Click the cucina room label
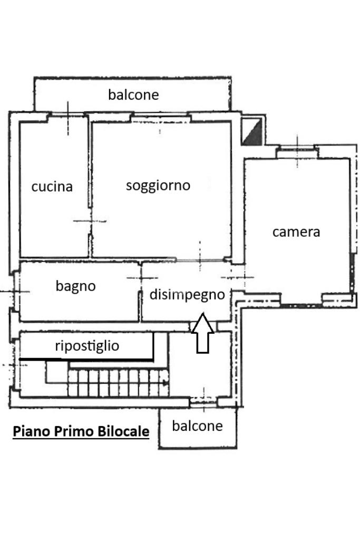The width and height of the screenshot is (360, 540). click(52, 187)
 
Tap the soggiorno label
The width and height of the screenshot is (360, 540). click(158, 186)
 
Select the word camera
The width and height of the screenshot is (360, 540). click(296, 232)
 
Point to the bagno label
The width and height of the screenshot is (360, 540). click(76, 286)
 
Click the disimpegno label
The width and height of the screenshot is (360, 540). click(187, 295)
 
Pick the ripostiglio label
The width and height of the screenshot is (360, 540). click(87, 346)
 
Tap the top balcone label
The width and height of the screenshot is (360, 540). click(133, 95)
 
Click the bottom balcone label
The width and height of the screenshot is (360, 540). click(198, 426)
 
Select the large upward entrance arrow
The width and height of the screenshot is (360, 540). click(203, 333)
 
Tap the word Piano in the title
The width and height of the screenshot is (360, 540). click(28, 431)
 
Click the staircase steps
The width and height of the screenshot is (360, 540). click(119, 383)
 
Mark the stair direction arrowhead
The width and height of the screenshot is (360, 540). click(166, 383)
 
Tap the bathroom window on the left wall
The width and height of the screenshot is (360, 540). click(15, 291)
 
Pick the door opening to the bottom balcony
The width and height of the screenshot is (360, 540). click(204, 401)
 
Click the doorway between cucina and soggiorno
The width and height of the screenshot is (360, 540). click(90, 221)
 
